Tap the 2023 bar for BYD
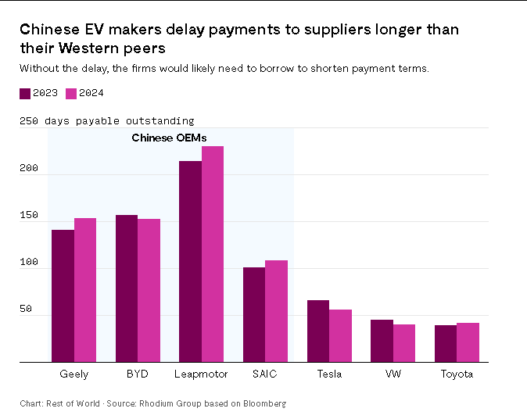point(127,288)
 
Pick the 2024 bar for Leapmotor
point(213,254)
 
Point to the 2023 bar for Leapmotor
point(190,261)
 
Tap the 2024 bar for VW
point(404,343)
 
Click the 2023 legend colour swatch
point(25,94)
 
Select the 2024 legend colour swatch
point(71,94)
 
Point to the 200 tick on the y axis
point(28,169)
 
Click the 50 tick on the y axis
point(25,310)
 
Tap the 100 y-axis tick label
point(28,263)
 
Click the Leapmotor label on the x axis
point(201,374)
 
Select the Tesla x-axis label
point(329,374)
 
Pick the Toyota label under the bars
point(457,374)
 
